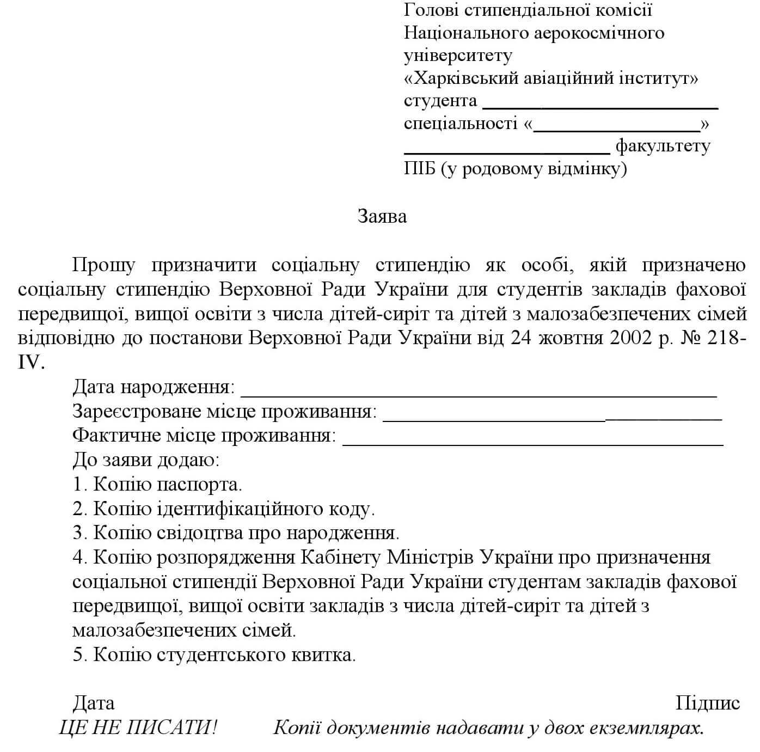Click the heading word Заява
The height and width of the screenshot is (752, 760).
click(x=382, y=217)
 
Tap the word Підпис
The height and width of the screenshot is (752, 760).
click(x=707, y=703)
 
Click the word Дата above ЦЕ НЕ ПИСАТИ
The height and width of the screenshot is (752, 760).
click(x=94, y=703)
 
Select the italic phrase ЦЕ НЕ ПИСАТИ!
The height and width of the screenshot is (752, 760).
click(x=138, y=727)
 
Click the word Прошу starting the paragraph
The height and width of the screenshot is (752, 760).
click(x=103, y=265)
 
